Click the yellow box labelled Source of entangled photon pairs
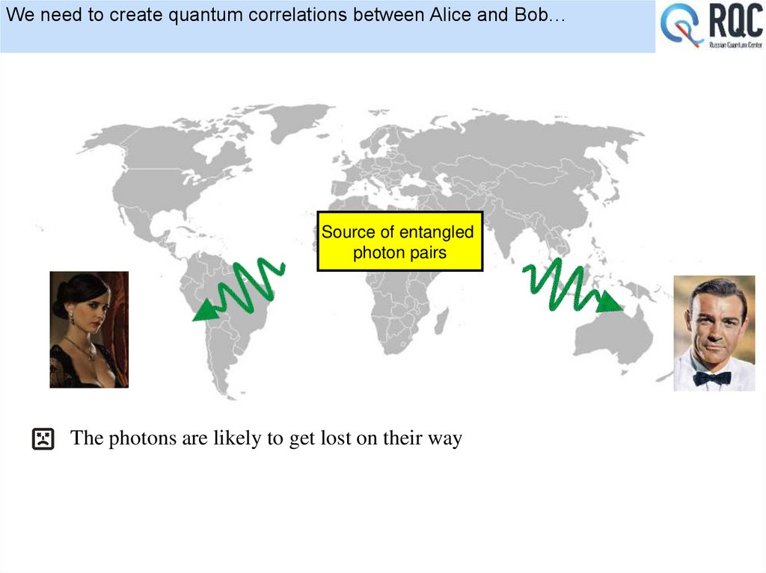[x=400, y=241]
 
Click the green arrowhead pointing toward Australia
[x=612, y=303]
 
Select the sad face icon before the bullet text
[x=43, y=439]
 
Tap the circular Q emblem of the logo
[x=682, y=25]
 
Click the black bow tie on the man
[x=711, y=378]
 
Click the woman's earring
[x=72, y=317]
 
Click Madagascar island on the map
[x=442, y=320]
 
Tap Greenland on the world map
[x=295, y=120]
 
